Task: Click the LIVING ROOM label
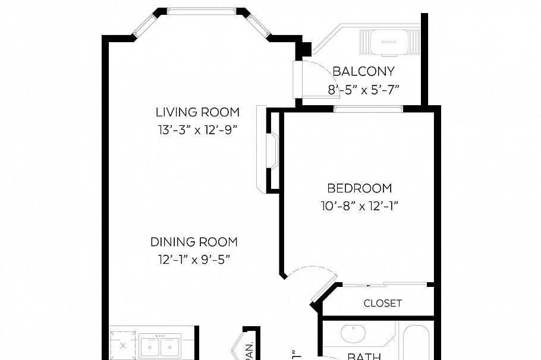(197, 112)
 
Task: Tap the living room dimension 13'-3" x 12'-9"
(197, 129)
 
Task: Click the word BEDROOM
(360, 188)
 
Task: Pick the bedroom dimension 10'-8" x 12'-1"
(360, 206)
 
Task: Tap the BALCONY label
(363, 72)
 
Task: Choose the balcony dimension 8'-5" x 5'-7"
(363, 89)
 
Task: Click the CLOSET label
(382, 303)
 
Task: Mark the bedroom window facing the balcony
(368, 109)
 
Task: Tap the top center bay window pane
(202, 11)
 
